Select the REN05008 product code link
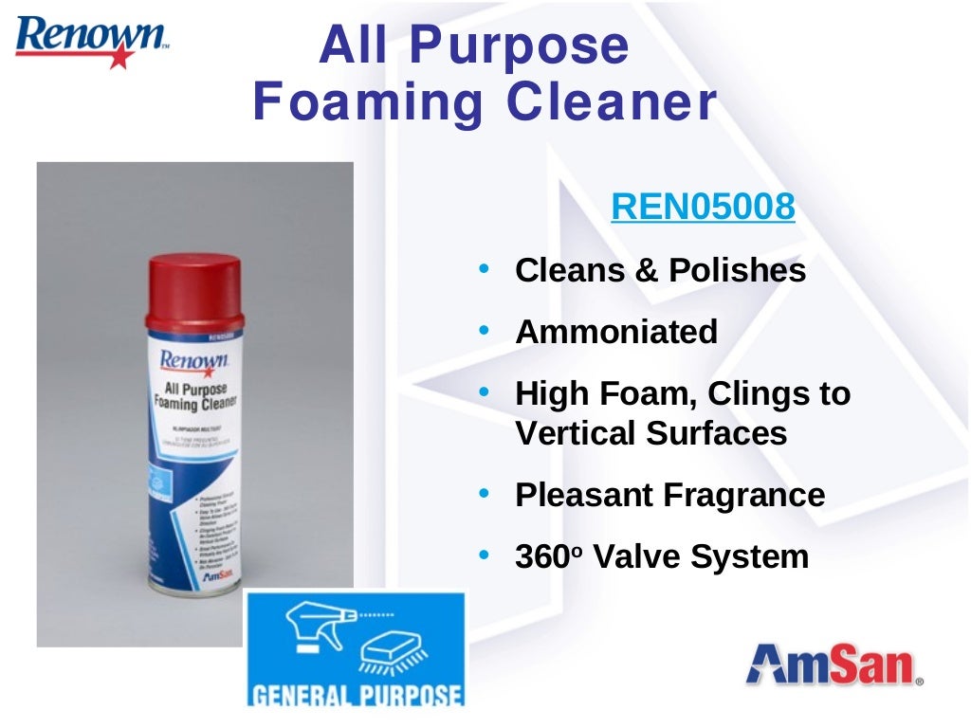click(x=703, y=206)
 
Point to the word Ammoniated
click(x=616, y=332)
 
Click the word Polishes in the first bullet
click(x=738, y=271)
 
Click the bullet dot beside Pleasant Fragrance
click(x=484, y=495)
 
